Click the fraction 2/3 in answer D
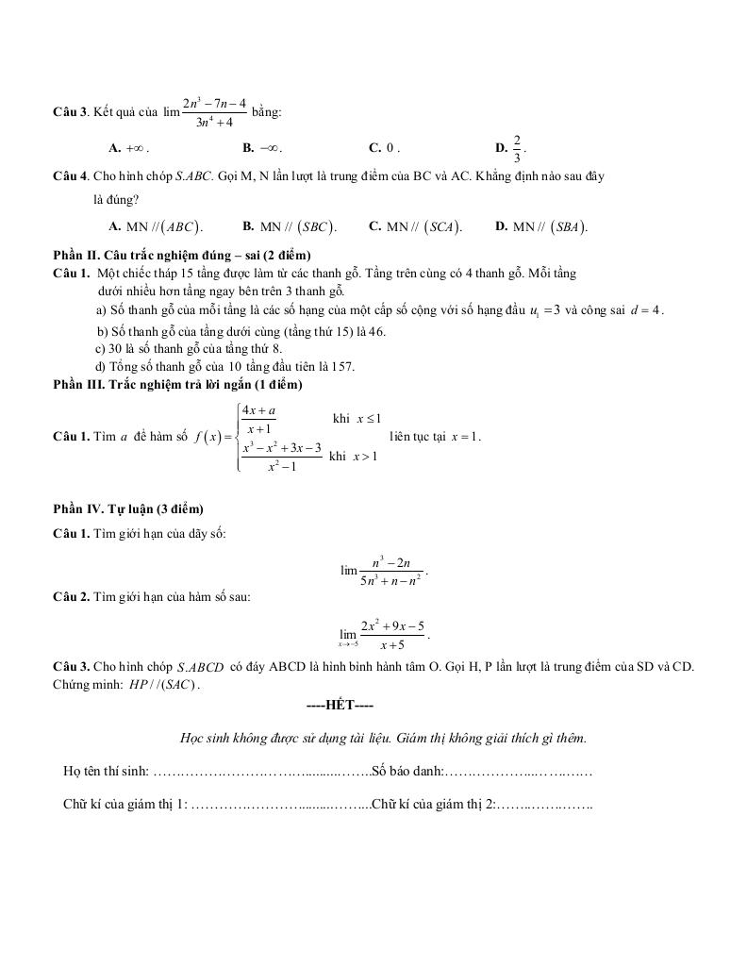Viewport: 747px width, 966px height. [517, 147]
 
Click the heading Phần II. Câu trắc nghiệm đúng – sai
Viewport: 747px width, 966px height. [182, 255]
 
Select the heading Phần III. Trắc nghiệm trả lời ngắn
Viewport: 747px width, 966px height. [178, 384]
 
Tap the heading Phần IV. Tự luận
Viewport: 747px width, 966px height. [128, 508]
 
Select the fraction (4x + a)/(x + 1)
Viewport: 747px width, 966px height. [257, 419]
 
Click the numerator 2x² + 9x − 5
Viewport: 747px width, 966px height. [392, 625]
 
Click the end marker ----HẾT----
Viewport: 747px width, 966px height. [340, 705]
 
